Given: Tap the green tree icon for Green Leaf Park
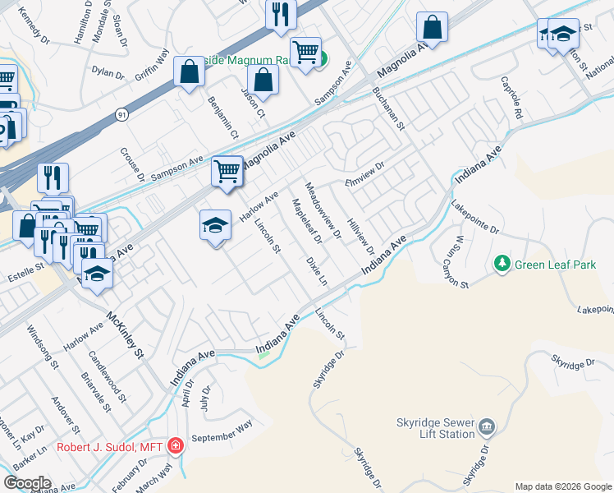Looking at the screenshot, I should (x=502, y=264).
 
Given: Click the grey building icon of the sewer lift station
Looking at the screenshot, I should (x=487, y=426).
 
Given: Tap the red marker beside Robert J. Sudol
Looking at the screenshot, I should (x=175, y=446).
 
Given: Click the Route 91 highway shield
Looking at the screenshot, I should (x=121, y=112).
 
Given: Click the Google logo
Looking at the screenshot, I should (x=27, y=483).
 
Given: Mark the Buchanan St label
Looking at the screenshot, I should (x=388, y=109).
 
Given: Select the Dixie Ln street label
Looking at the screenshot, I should (x=316, y=270).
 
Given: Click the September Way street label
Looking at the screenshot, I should (x=222, y=433).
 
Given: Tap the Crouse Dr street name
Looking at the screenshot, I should (x=131, y=165).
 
